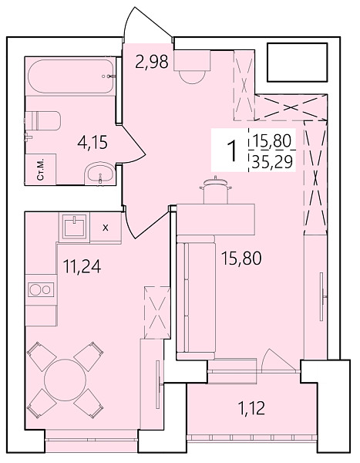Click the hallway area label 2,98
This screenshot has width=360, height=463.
pyautogui.click(x=151, y=63)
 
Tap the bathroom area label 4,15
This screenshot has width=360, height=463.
pyautogui.click(x=91, y=143)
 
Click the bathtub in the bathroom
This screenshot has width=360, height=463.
pyautogui.click(x=69, y=76)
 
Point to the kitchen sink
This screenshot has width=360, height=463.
pyautogui.click(x=77, y=227)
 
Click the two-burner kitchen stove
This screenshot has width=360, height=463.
pyautogui.click(x=40, y=290)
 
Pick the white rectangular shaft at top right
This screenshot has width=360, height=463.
pyautogui.click(x=296, y=63)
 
